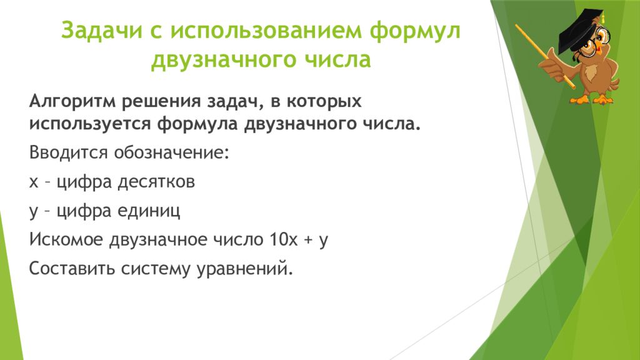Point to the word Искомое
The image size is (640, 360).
pos(66,240)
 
